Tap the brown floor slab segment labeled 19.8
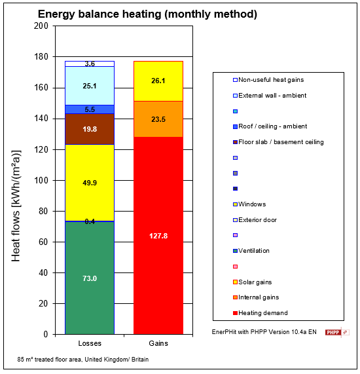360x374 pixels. pos(90,129)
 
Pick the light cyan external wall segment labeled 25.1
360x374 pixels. pos(90,86)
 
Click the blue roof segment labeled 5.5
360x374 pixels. pos(90,109)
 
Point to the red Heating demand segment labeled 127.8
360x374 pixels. pos(158,235)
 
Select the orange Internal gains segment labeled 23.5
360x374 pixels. pos(158,119)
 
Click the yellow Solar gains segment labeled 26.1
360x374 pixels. pos(158,81)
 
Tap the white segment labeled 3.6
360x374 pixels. pos(90,64)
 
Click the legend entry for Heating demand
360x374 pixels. pos(262,312)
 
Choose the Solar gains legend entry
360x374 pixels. pos(256,282)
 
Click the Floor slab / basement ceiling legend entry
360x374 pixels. pos(281,142)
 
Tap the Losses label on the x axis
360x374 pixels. pos(89,344)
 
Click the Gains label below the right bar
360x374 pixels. pos(158,344)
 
